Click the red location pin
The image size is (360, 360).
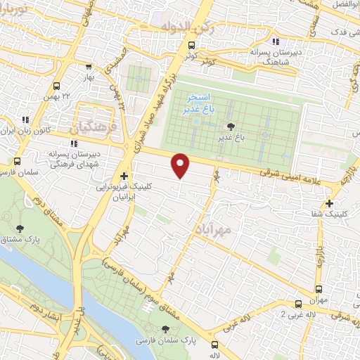point(181,165)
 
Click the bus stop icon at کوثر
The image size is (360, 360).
point(193,46)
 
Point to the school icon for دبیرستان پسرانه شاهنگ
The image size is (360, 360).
point(276,41)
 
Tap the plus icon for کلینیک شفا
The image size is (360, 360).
point(329,203)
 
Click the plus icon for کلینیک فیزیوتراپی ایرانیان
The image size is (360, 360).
point(124,176)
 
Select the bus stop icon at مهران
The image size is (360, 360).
point(319,289)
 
